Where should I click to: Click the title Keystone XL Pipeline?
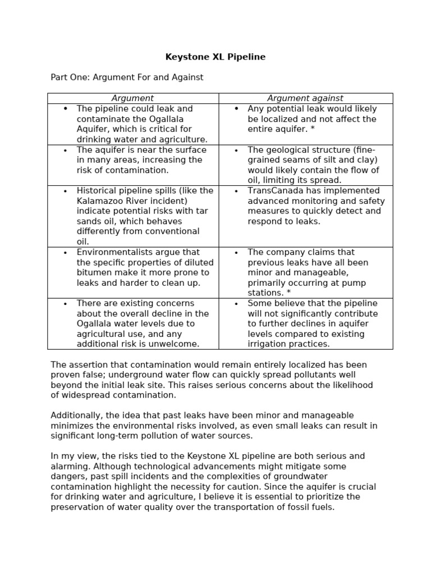(x=215, y=57)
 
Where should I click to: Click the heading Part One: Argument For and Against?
(x=127, y=77)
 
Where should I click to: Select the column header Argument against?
(x=305, y=98)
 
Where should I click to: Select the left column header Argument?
(x=132, y=98)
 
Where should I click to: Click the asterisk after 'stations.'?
(x=288, y=293)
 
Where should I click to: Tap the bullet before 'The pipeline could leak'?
(x=66, y=109)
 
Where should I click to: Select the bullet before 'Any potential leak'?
(x=236, y=109)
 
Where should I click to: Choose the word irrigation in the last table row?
(x=268, y=344)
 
